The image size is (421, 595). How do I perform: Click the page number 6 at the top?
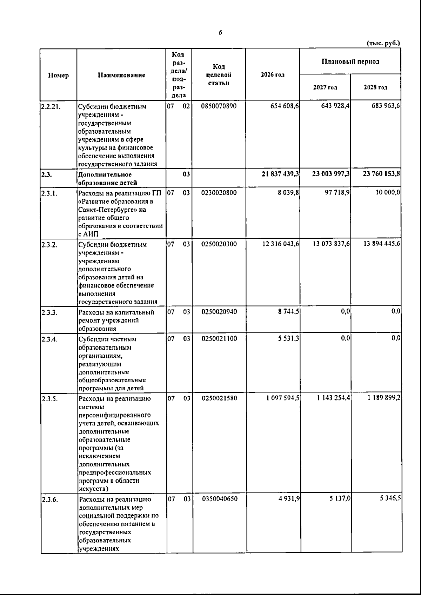coord(220,33)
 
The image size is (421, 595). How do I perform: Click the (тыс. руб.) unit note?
coord(383,44)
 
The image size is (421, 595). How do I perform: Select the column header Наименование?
coord(121,75)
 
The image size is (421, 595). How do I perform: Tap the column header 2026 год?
coord(273,75)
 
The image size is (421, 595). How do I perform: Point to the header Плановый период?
coord(350,61)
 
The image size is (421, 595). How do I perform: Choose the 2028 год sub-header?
coord(375,87)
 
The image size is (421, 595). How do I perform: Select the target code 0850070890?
coord(219,106)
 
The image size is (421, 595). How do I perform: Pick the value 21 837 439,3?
coord(280,174)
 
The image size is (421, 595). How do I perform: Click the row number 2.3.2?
coord(49,244)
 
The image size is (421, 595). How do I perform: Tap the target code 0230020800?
coord(219,193)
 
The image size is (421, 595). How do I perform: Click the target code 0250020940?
coord(219,312)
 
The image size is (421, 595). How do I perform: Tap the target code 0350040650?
coord(220,499)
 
